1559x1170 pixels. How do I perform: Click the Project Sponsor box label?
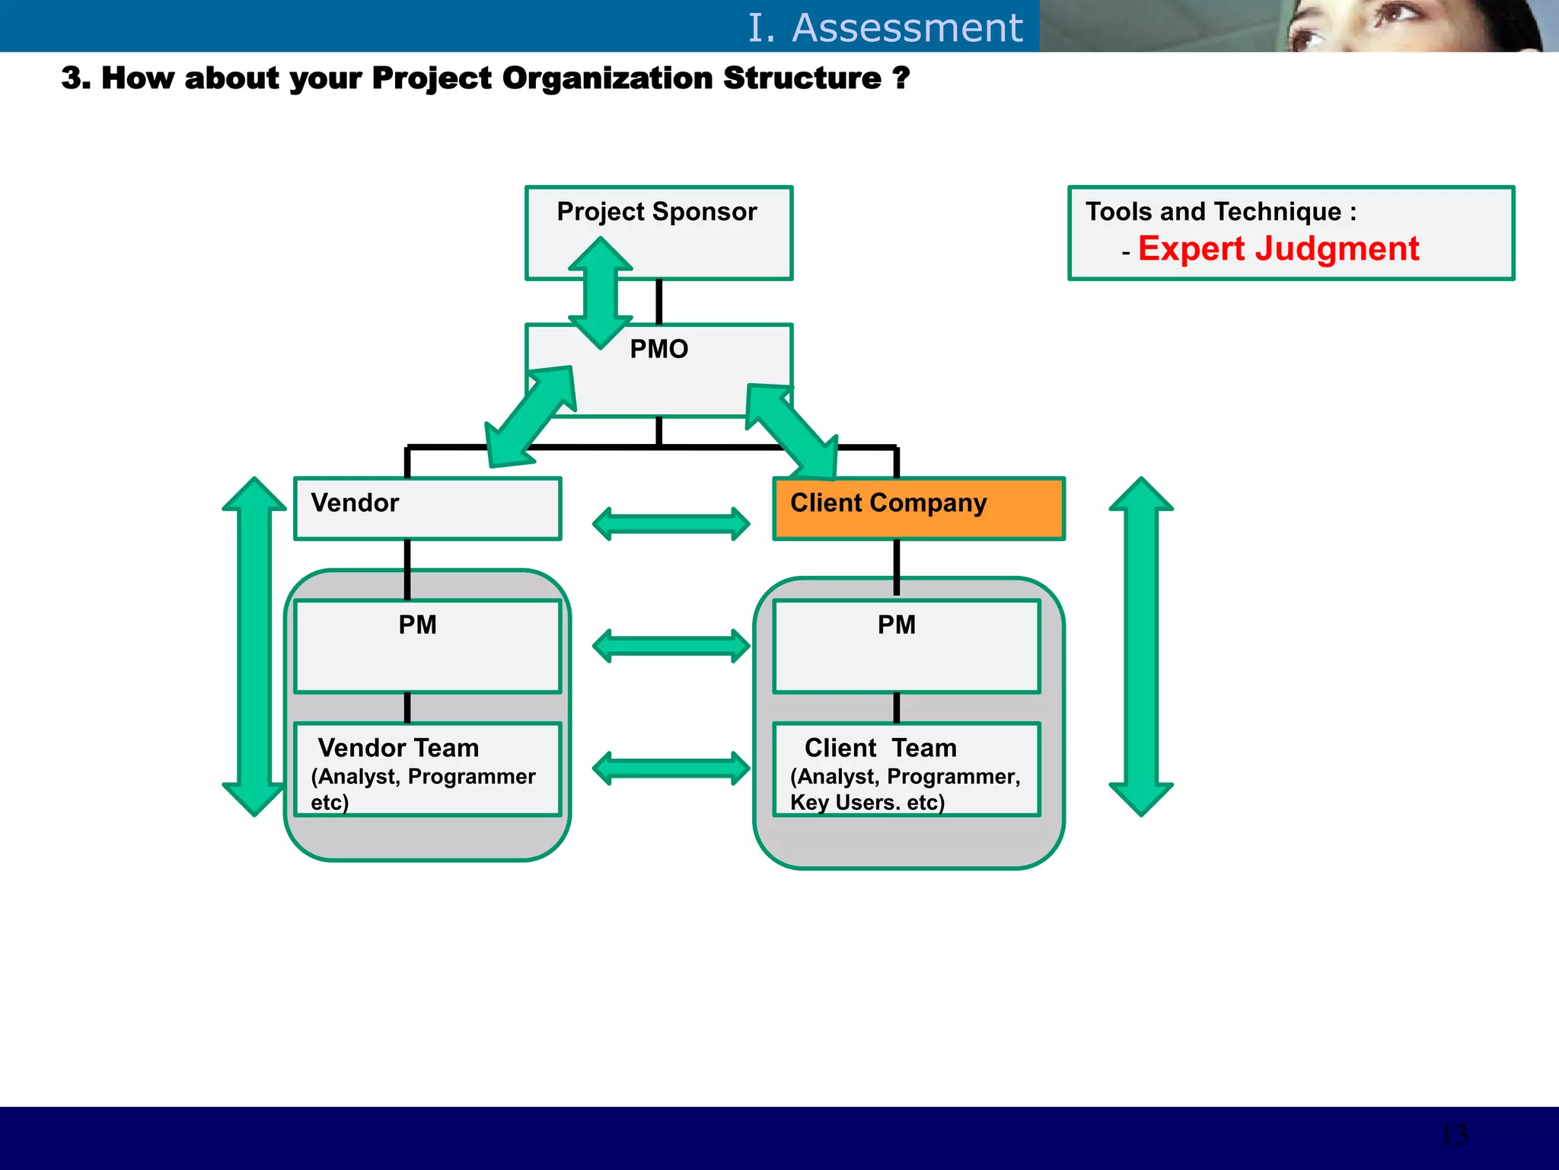657,212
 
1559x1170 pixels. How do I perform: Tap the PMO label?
658,349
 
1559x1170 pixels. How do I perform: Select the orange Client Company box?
918,509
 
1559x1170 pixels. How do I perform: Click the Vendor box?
428,509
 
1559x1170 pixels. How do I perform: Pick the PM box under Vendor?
428,646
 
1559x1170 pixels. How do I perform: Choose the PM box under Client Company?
906,646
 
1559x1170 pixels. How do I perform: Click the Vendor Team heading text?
398,748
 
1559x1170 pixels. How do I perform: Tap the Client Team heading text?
880,748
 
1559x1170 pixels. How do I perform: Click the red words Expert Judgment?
1278,249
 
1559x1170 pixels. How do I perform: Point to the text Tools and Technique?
1213,212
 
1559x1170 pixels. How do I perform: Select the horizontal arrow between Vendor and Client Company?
671,524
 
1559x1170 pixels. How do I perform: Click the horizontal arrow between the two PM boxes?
671,646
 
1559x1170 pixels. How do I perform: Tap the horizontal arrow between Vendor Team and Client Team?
671,768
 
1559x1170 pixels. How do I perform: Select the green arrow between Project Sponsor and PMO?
601,293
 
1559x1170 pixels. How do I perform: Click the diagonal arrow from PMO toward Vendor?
531,417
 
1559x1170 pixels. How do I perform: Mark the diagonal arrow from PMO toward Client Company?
792,430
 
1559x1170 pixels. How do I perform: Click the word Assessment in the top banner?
907,28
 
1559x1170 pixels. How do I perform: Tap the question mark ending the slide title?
901,78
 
